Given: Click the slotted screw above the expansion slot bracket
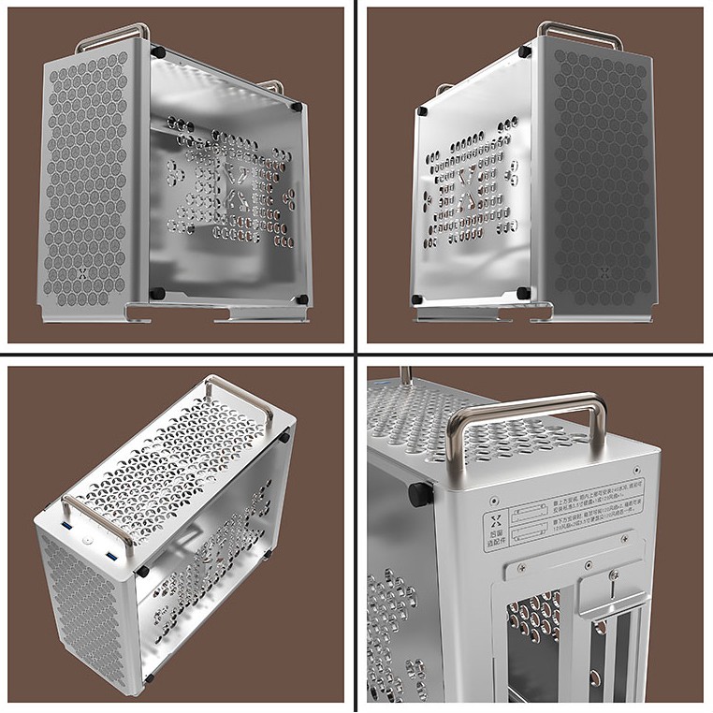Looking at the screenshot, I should click(614, 578).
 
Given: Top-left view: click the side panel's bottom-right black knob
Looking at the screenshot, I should click(301, 299).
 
